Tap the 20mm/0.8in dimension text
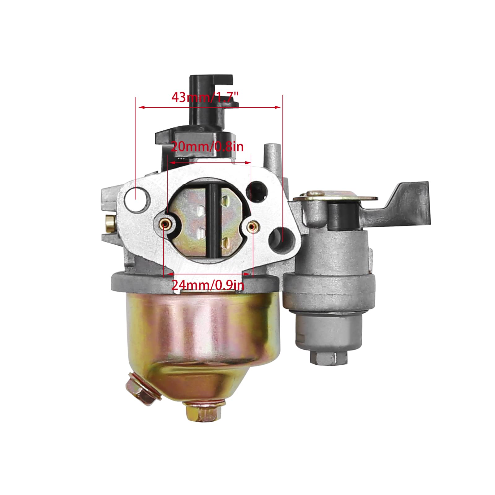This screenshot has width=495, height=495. [x=207, y=146]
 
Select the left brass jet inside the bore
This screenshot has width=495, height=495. [x=165, y=224]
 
